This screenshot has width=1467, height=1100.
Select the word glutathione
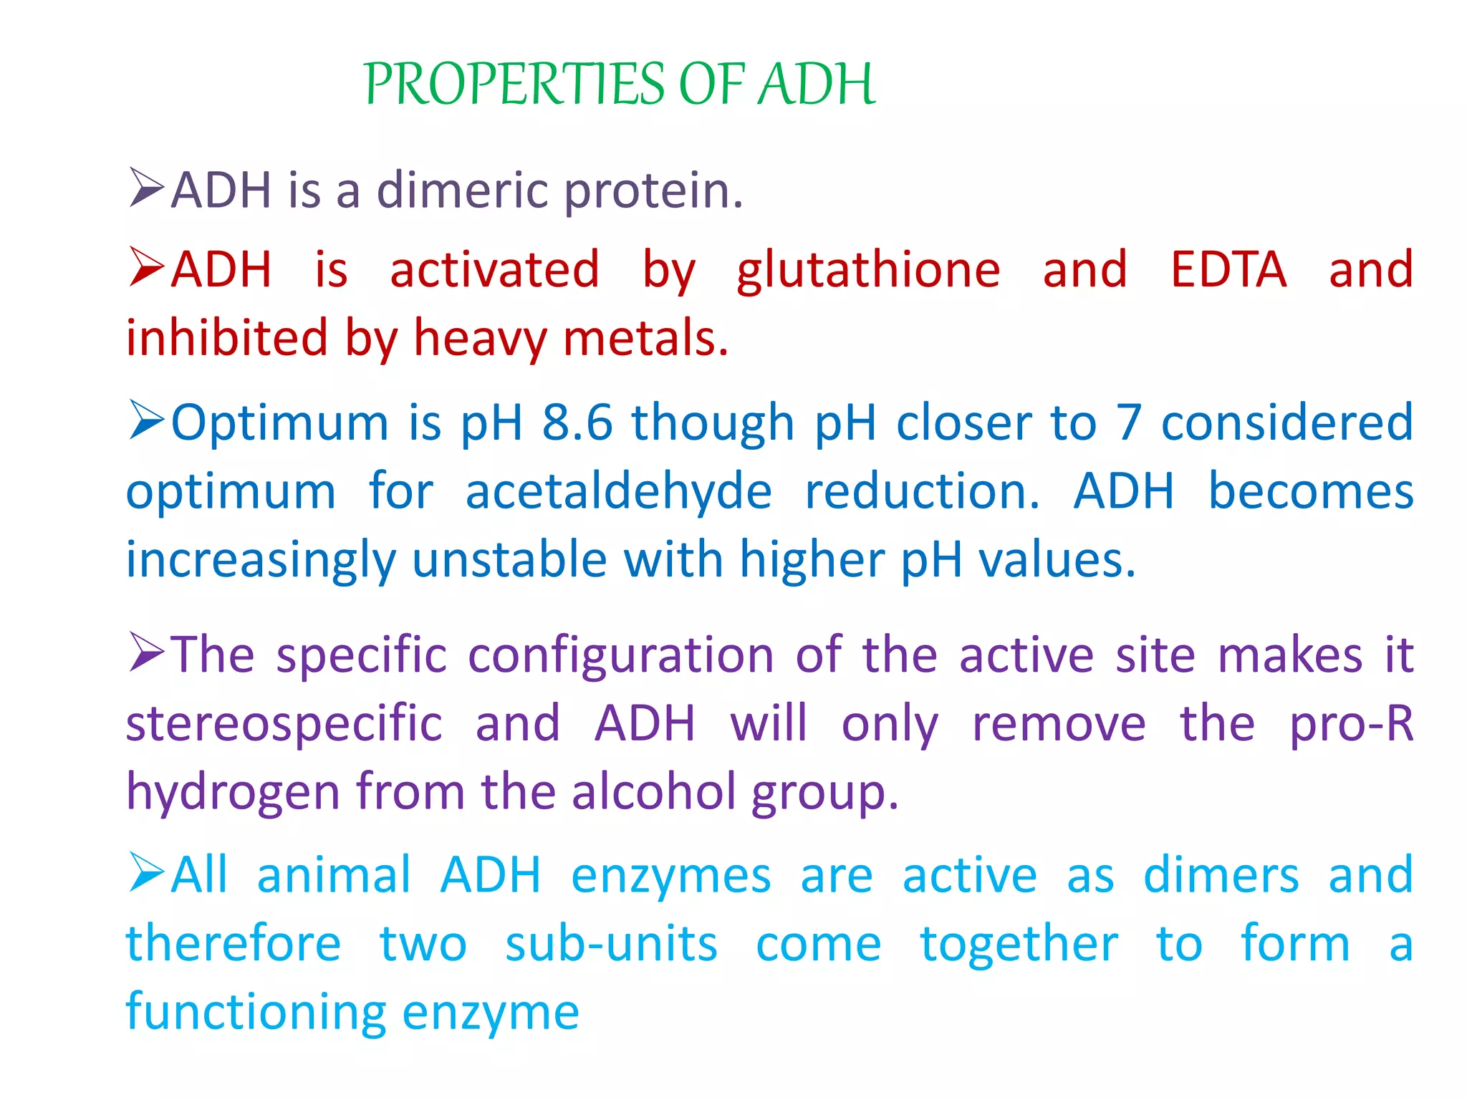pos(868,271)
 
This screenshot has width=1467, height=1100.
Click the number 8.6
pos(577,423)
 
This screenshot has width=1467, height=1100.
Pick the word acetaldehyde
pos(618,492)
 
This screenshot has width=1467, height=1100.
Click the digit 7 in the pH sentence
pos(1129,423)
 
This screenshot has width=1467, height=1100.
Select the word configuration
pos(620,655)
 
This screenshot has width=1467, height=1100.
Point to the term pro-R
pos(1351,723)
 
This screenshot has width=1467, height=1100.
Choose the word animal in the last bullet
pos(334,875)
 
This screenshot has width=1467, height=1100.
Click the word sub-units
pos(610,944)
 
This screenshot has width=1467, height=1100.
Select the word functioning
pos(255,1013)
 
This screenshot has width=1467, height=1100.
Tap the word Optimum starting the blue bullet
pos(279,423)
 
